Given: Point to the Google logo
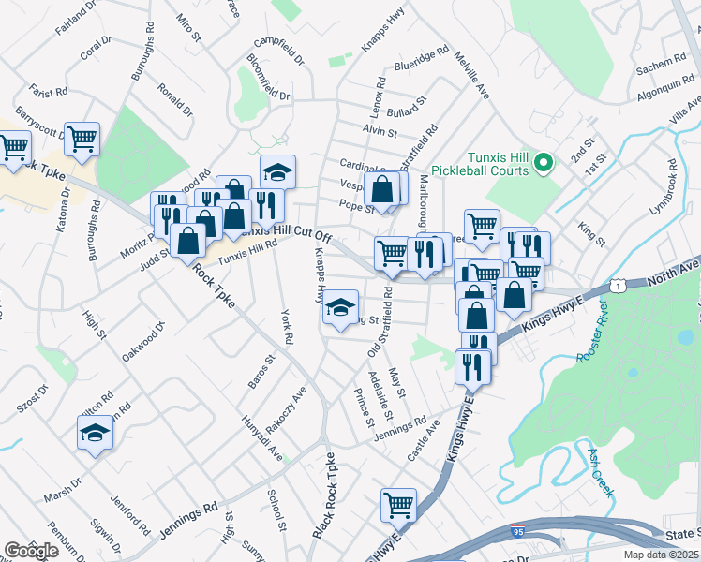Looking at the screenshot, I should point(31,551).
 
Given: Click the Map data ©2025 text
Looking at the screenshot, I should point(662,555).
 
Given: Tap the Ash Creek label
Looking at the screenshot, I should point(600,471).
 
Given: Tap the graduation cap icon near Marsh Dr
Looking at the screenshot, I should point(95,433).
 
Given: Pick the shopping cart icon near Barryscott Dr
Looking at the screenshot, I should point(82,140).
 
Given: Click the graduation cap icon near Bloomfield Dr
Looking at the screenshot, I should point(277,171).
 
